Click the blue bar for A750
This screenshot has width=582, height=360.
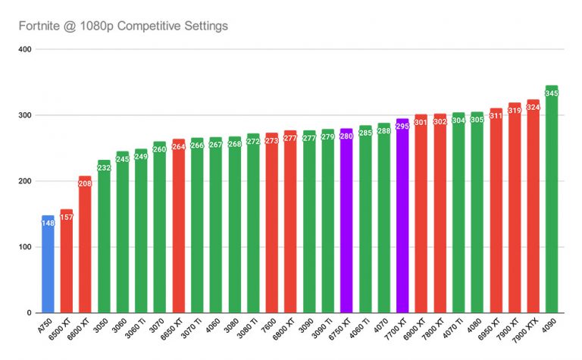tap(48, 265)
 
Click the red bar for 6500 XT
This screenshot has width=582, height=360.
tap(67, 265)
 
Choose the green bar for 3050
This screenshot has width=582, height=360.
tap(104, 243)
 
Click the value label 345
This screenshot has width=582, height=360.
tap(552, 93)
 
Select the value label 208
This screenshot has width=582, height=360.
tap(85, 183)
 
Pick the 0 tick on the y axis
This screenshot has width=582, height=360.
tap(27, 313)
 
